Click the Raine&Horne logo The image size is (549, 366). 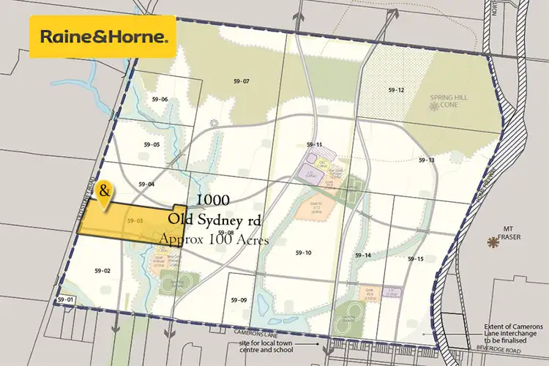pos(101,36)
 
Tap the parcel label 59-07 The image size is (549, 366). pos(241,81)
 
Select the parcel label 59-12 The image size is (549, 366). pos(396,89)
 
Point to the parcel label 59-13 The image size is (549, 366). pos(426,160)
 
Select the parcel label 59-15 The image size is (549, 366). pos(416,259)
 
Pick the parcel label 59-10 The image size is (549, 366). pos(304,253)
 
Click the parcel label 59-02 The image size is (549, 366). pos(102,271)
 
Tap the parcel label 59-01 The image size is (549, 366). pos(66,300)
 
